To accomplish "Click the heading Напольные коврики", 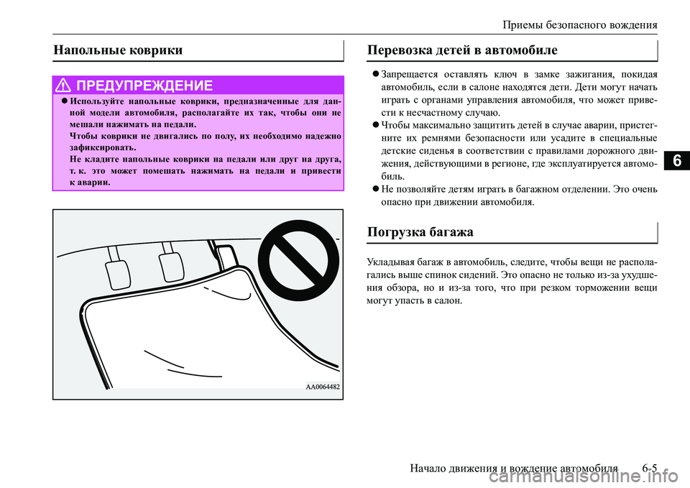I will click(x=118, y=50).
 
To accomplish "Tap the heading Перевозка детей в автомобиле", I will click(x=461, y=50).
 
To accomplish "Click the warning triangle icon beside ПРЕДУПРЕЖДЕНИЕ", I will click(x=65, y=86).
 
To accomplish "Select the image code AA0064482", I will click(x=322, y=387).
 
